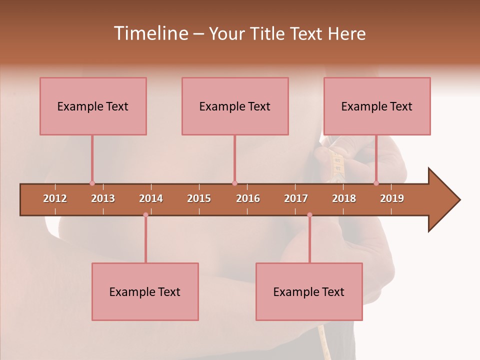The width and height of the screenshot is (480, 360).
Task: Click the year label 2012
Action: tap(55, 198)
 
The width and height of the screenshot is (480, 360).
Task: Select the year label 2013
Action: tap(103, 198)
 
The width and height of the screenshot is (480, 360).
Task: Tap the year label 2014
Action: tap(151, 198)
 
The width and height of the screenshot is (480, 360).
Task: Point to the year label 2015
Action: tap(199, 198)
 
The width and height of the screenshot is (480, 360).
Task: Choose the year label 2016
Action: tap(248, 198)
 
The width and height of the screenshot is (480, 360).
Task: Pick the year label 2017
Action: tap(296, 198)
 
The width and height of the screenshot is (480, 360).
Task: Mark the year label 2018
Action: tap(344, 198)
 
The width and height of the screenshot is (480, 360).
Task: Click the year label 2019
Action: tap(392, 198)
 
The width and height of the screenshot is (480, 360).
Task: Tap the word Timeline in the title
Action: tap(150, 33)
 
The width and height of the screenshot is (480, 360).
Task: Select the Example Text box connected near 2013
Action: tap(93, 106)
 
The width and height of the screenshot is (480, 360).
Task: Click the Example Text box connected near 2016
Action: tap(235, 106)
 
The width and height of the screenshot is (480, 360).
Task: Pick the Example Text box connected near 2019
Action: tap(377, 106)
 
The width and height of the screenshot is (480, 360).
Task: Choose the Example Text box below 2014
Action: tap(145, 291)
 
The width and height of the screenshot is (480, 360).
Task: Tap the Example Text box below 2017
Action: tap(309, 291)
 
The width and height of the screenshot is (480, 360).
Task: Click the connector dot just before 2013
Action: tap(92, 183)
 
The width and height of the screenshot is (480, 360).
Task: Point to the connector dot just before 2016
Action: tap(234, 183)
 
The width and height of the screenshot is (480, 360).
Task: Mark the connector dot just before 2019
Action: tap(376, 183)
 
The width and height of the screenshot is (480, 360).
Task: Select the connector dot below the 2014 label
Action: tap(145, 215)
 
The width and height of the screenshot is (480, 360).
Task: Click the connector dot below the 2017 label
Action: tap(309, 215)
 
